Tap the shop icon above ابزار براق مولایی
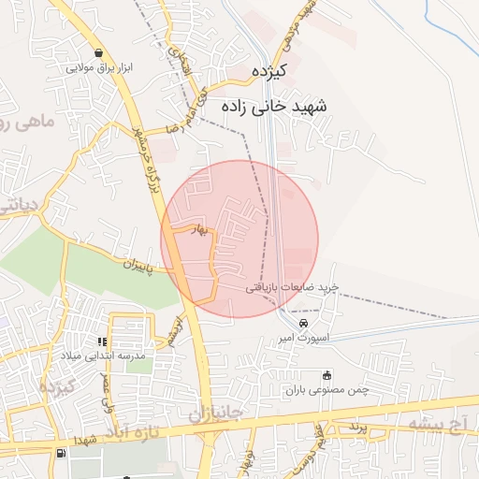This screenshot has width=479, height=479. coord(99,52)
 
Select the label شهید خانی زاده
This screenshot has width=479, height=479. coord(271,107)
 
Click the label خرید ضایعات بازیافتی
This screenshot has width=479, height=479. coord(291,288)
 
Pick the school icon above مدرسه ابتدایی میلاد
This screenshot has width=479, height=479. coord(102,341)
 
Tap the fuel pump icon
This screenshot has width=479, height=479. coord(62,454)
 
